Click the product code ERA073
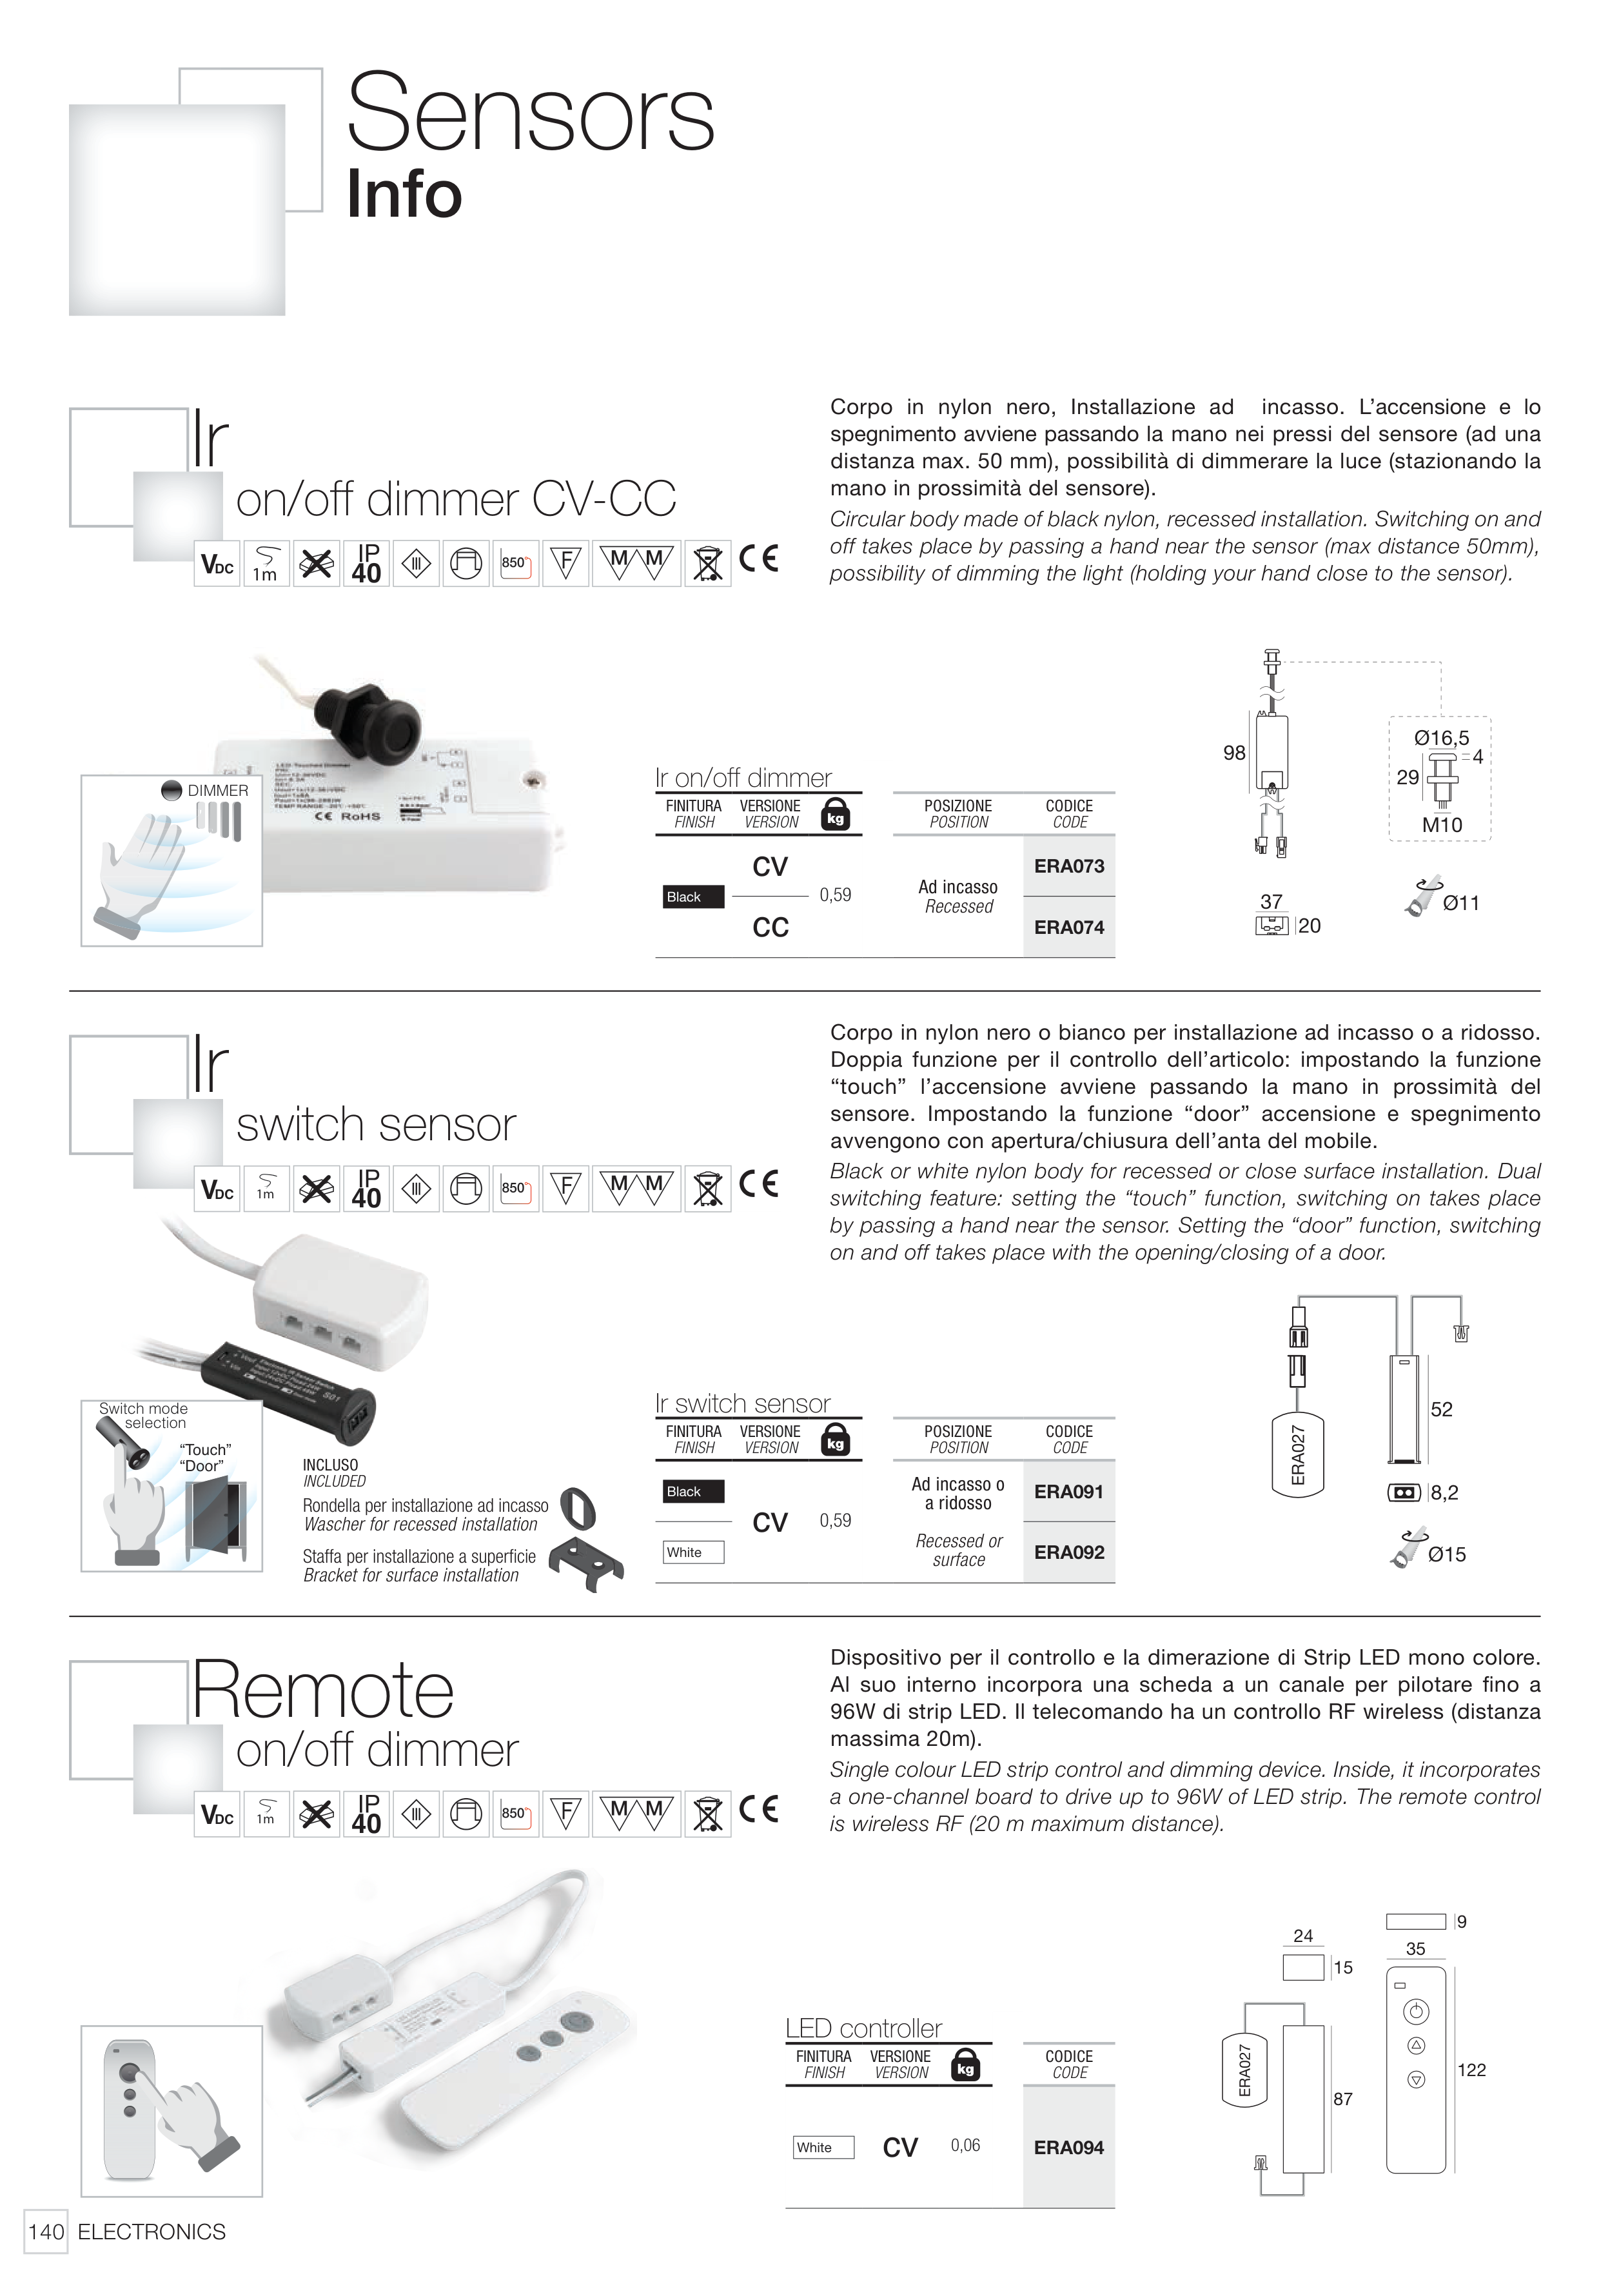(x=1068, y=866)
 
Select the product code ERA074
(x=1068, y=927)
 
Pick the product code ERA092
(x=1068, y=1552)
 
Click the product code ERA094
(x=1068, y=2148)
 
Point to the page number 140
(x=46, y=2232)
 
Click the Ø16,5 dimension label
(x=1441, y=738)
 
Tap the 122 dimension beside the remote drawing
(x=1471, y=2070)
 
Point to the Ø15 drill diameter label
(x=1446, y=1555)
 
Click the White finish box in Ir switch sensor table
(x=692, y=1552)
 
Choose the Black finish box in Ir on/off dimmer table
(x=692, y=897)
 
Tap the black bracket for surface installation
(x=588, y=1565)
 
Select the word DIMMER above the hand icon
(x=217, y=791)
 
